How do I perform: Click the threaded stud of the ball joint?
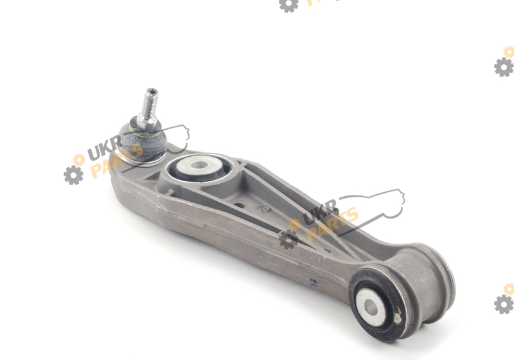[x=150, y=104]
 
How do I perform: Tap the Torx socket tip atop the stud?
[x=152, y=92]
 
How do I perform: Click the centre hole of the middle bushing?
[x=198, y=165]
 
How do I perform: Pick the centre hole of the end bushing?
[x=371, y=307]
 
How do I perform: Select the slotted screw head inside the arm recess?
[x=263, y=208]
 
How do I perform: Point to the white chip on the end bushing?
[x=397, y=318]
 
